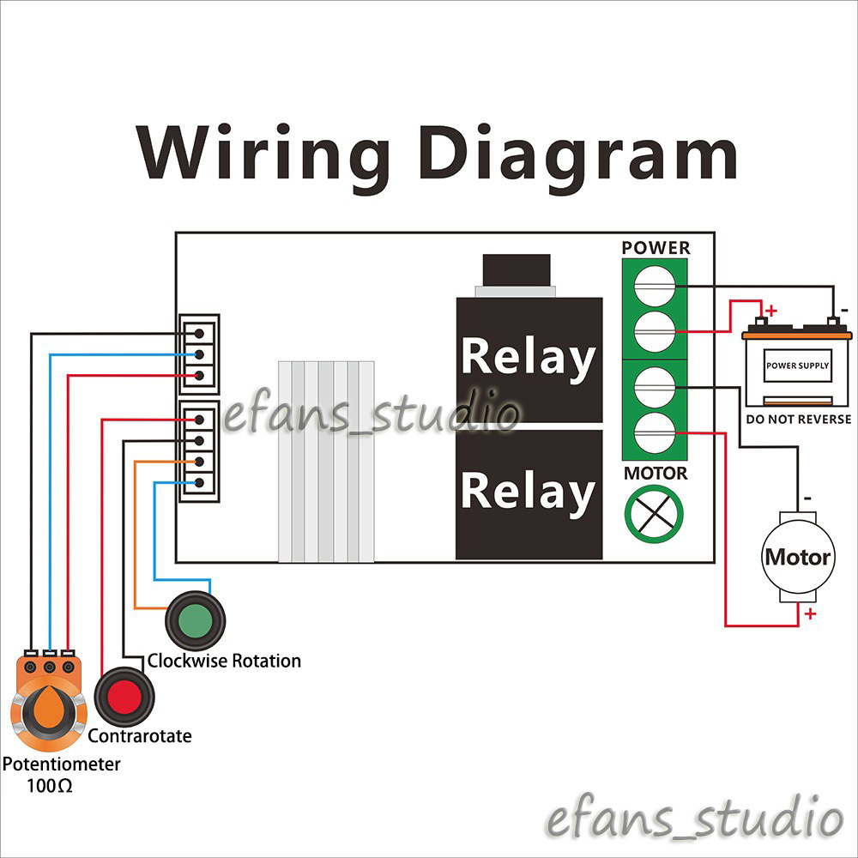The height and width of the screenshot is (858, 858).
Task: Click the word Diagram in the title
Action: coord(578,155)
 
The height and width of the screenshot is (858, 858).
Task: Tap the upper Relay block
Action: coord(529,360)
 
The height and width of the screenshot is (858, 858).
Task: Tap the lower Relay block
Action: coord(529,494)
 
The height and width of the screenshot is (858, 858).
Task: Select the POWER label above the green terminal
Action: coord(656,248)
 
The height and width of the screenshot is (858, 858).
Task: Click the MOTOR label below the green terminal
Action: coord(656,474)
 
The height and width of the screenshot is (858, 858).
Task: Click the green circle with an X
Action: coord(654,514)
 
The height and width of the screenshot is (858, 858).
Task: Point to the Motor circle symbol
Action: coord(798,557)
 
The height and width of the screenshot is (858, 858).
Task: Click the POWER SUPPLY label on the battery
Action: coord(797,366)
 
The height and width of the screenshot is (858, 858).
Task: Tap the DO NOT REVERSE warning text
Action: coord(798,420)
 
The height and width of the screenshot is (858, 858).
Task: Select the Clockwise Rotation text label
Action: coord(224,661)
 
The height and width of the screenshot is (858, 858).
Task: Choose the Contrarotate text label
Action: coord(140,736)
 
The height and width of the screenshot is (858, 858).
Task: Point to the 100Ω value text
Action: coord(49,786)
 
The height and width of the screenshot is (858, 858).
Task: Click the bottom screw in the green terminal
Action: coord(655,432)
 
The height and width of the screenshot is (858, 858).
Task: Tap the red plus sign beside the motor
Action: coord(811,614)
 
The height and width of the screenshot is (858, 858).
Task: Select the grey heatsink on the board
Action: coord(326,462)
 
